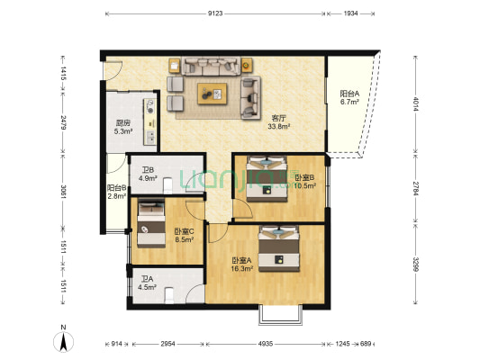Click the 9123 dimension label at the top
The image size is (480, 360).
[215, 13]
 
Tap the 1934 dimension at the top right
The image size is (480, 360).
[350, 13]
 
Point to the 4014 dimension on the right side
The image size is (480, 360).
[415, 104]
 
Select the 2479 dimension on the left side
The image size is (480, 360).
[63, 122]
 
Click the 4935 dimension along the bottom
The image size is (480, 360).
[265, 344]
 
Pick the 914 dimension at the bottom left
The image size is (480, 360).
[116, 344]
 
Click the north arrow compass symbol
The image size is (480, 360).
[63, 341]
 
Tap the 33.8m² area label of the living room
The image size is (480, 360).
[279, 126]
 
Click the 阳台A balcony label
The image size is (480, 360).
[349, 94]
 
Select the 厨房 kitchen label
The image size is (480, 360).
[123, 123]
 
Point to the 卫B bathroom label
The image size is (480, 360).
[148, 170]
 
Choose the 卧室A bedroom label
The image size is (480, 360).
[242, 261]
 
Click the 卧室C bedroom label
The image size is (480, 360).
[184, 231]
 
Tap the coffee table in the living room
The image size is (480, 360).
[213, 94]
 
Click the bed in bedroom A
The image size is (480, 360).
[279, 248]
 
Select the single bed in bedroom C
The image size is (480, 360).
[151, 223]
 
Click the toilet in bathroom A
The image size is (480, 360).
[168, 295]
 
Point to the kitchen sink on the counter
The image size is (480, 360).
[150, 138]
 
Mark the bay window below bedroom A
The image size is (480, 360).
[280, 314]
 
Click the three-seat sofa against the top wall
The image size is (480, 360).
[211, 66]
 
